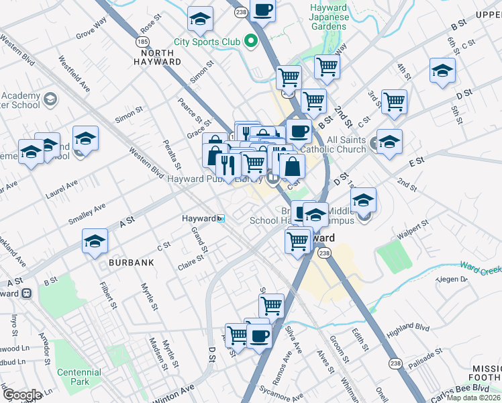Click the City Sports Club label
pyautogui.click(x=207, y=42)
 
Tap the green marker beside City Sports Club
pyautogui.click(x=252, y=42)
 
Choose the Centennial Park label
pyautogui.click(x=79, y=377)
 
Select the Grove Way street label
pyautogui.click(x=92, y=30)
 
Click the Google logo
pyautogui.click(x=22, y=395)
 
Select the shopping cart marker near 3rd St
pyautogui.click(x=394, y=102)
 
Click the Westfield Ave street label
pyautogui.click(x=74, y=73)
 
